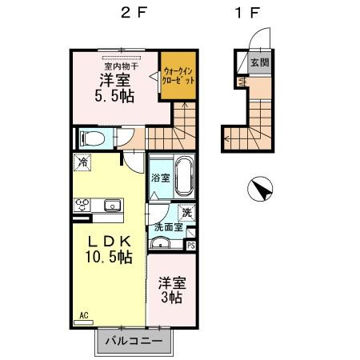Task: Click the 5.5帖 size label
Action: click(x=115, y=97)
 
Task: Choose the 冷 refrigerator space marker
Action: click(x=84, y=163)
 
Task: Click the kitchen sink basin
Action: click(x=110, y=206)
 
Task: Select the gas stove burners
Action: click(x=83, y=206)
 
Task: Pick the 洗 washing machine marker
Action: click(x=186, y=212)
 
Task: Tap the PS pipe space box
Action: click(x=190, y=246)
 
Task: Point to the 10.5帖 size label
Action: click(x=109, y=258)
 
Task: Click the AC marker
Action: click(x=82, y=315)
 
